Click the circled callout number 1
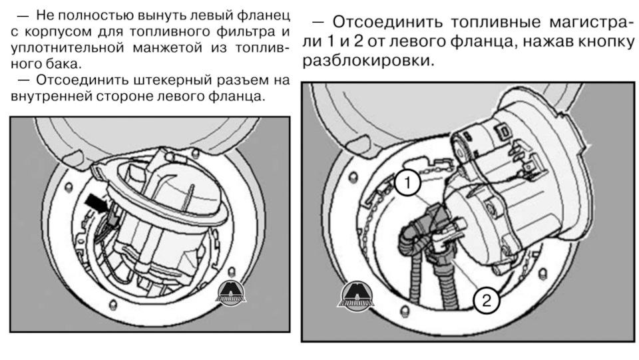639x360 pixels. tap(407, 183)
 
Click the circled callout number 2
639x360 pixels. tap(486, 301)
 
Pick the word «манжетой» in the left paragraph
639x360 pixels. tap(167, 48)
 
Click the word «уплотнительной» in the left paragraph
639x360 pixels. tap(67, 48)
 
